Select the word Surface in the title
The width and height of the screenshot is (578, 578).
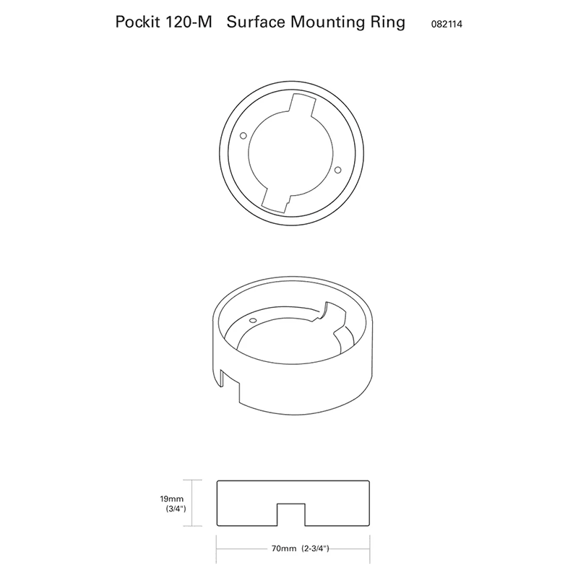(x=256, y=22)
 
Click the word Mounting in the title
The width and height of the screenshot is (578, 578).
(x=328, y=22)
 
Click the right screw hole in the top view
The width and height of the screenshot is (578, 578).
(x=337, y=169)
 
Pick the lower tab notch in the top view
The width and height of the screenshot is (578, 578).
(x=276, y=199)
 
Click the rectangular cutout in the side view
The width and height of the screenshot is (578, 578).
(x=291, y=514)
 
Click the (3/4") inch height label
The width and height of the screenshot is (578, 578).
(x=176, y=509)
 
